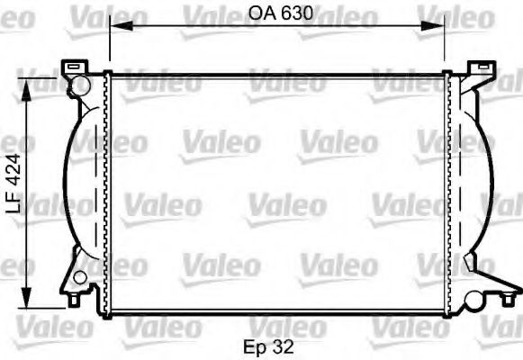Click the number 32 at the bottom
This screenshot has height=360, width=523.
click(x=284, y=345)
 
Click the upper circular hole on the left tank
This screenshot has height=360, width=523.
click(x=79, y=85)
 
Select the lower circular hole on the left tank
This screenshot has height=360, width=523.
click(x=80, y=276)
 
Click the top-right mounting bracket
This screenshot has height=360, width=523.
click(x=481, y=67)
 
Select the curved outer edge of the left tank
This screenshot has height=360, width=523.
click(x=65, y=180)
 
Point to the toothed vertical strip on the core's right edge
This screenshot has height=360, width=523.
click(x=447, y=193)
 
